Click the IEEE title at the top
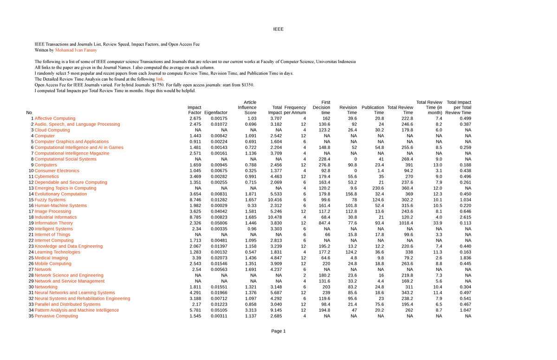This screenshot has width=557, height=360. (278, 29)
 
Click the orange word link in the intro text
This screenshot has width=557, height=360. (160, 79)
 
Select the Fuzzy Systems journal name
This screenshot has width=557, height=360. (50, 199)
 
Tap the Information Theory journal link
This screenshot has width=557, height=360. (53, 223)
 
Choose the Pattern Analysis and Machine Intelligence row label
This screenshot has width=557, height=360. (77, 310)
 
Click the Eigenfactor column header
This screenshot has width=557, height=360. (216, 113)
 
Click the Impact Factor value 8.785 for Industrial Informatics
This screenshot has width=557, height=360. (195, 217)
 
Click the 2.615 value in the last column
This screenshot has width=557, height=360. (465, 217)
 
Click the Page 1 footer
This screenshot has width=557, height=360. (278, 331)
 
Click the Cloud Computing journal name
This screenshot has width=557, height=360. (52, 130)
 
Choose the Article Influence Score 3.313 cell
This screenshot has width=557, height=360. (250, 310)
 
